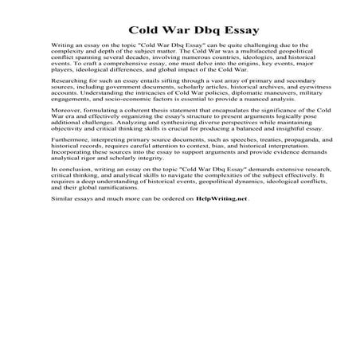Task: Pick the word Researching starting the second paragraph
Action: click(70, 103)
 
